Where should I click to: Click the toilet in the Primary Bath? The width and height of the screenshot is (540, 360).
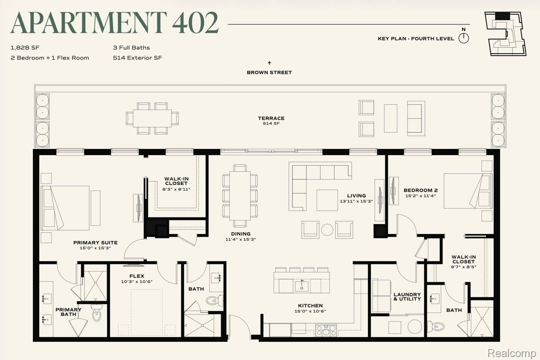97,313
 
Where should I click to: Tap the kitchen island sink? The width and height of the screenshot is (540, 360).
302,286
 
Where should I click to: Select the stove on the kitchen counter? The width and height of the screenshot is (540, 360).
326,330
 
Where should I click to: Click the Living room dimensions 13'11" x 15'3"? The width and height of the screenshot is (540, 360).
356,201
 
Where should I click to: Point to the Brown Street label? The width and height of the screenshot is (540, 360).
269,73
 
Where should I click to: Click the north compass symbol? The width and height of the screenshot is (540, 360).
464,38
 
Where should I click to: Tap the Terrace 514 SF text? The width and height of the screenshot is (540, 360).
271,121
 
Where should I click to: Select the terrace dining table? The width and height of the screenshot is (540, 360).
152,118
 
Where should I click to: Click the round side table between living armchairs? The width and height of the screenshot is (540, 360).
327,230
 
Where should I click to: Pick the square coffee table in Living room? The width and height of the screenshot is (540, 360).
327,200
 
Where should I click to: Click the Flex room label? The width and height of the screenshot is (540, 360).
137,276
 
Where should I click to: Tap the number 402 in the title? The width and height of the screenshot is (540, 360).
195,23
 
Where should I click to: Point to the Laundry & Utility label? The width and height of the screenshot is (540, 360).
407,297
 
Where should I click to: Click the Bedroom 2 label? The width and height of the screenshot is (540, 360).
421,190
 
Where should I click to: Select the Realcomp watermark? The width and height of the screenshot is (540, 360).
512,353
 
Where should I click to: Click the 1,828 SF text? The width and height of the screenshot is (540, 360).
25,48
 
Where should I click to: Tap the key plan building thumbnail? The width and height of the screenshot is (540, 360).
505,34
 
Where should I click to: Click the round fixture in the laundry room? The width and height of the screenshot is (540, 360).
415,327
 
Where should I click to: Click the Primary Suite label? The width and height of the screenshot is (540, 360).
95,243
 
